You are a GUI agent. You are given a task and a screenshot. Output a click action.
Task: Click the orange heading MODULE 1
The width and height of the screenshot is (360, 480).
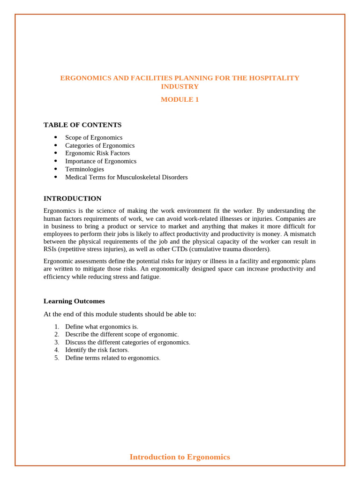coord(180,99)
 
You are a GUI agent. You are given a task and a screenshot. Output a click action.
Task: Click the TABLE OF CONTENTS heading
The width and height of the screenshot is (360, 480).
coord(82,125)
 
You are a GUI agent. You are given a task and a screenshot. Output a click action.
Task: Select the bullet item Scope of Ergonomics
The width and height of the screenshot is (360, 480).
coord(94,137)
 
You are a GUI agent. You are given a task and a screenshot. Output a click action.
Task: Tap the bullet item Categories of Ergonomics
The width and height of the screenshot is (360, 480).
coord(100,145)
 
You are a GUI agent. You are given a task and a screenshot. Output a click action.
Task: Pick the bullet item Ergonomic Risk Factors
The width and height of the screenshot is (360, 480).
coord(97,153)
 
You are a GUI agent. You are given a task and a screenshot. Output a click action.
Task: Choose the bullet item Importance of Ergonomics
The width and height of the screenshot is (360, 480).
coord(101,161)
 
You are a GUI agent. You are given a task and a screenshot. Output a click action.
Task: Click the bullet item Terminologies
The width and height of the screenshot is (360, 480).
coord(84,169)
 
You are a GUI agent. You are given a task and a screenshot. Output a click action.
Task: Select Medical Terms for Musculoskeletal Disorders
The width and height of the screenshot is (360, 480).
coord(126,177)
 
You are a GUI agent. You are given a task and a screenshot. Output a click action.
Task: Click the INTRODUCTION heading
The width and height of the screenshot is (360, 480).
coord(72,198)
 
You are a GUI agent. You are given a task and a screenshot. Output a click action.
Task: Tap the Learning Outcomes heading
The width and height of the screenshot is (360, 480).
coord(74,301)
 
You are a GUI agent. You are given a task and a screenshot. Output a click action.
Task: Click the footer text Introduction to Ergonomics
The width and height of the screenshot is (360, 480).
coord(180,457)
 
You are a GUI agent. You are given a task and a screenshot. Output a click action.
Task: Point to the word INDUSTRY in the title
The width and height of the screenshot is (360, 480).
coord(180,87)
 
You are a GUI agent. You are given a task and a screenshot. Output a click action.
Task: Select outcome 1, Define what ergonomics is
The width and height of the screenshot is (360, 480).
coord(101,326)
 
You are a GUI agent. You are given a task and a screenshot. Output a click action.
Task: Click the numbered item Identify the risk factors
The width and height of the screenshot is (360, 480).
coord(97,350)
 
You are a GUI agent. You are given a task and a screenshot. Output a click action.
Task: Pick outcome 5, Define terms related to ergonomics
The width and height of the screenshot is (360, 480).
coord(112,358)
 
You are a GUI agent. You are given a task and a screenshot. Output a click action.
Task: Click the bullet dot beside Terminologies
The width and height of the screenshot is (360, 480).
coord(56,169)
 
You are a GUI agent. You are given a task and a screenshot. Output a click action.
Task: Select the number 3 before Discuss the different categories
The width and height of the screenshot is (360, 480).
coord(57,342)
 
